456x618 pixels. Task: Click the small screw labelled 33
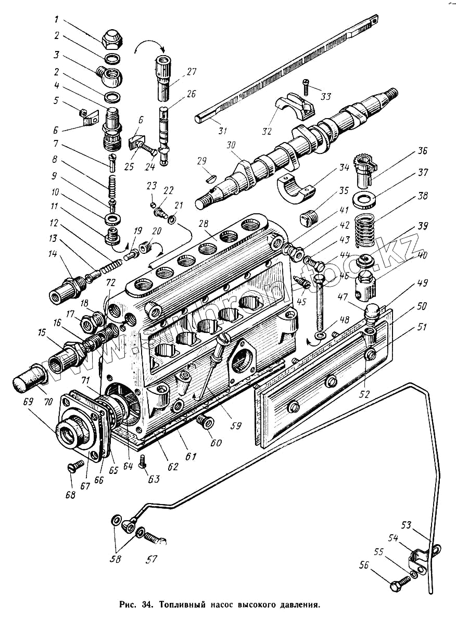click(x=307, y=86)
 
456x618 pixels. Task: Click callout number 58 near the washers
click(x=115, y=559)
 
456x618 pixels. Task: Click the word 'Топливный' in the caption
click(x=182, y=606)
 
